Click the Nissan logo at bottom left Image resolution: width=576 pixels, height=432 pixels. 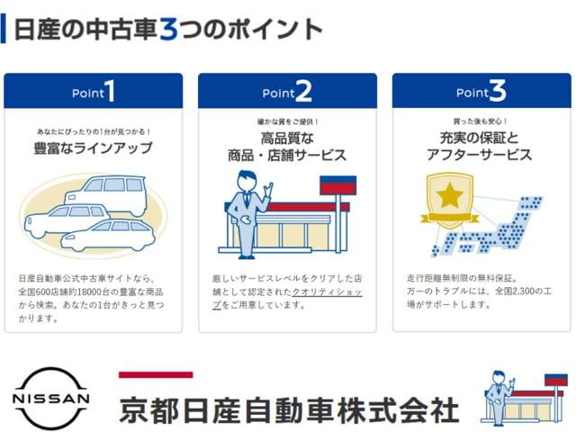[x=51, y=397]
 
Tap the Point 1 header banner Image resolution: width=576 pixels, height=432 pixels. [x=94, y=91]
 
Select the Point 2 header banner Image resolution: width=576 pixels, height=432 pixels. [x=287, y=91]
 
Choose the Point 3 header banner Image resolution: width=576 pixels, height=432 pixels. [x=481, y=91]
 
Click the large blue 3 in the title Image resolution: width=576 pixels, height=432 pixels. [x=168, y=29]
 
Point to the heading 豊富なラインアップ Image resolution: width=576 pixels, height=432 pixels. [x=94, y=148]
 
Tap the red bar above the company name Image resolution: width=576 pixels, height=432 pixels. [x=156, y=374]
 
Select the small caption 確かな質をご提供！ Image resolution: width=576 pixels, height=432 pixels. [x=287, y=121]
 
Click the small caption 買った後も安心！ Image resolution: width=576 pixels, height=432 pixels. [x=481, y=121]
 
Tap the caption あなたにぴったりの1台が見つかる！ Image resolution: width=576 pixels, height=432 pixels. [x=94, y=131]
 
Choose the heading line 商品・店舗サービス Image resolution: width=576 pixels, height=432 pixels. [x=287, y=155]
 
